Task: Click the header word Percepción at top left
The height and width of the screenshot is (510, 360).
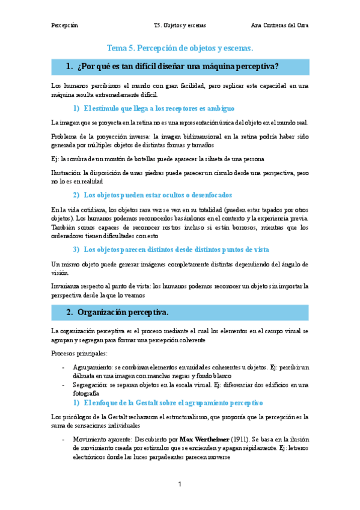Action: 65,25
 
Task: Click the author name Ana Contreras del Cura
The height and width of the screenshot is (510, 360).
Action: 279,25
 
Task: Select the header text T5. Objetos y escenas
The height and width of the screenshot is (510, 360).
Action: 180,25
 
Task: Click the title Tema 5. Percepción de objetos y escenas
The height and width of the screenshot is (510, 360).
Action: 180,48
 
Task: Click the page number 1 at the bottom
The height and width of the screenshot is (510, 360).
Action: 180,484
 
